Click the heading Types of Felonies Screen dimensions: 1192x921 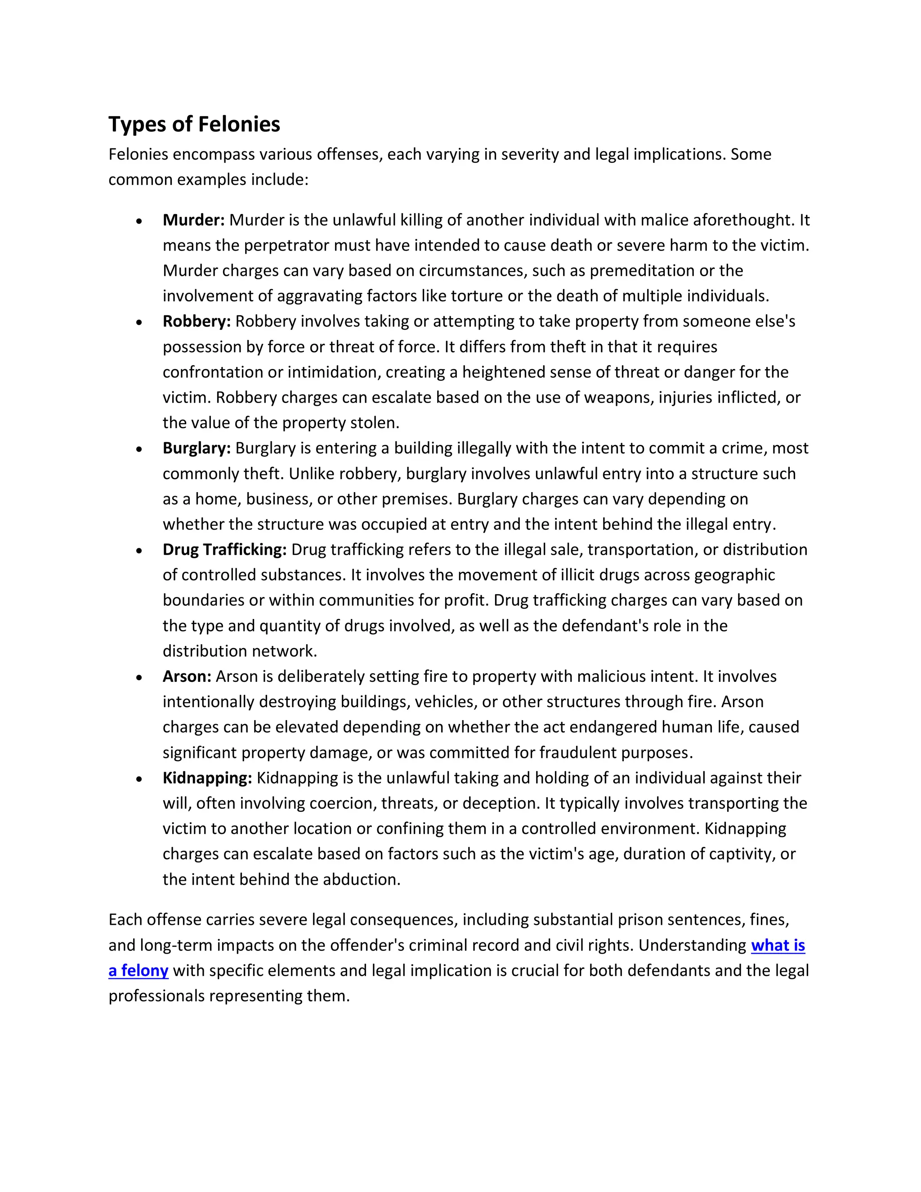[x=194, y=125]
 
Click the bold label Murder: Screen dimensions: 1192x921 [x=194, y=220]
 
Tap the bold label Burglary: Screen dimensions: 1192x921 [x=197, y=448]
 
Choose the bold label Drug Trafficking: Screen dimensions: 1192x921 [x=224, y=550]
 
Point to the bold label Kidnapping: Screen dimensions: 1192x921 [x=207, y=778]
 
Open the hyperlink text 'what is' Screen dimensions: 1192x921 [x=778, y=946]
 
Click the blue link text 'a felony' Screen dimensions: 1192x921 [x=138, y=970]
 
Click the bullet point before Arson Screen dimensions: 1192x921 [x=140, y=677]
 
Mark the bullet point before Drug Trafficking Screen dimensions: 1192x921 [x=140, y=551]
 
